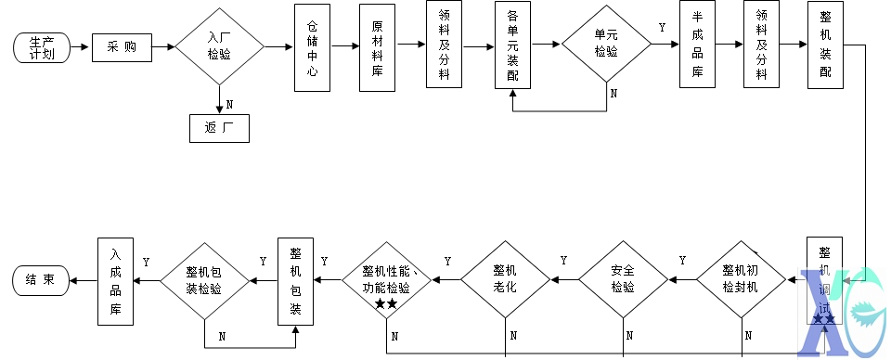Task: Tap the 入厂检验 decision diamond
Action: click(220, 46)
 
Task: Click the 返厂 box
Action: click(220, 127)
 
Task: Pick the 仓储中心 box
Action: click(312, 48)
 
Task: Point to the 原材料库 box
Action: click(377, 48)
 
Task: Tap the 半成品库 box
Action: click(697, 46)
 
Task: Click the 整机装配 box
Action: click(825, 46)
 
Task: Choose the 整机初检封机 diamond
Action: click(742, 278)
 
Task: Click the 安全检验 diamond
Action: click(623, 278)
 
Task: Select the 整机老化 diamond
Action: click(505, 278)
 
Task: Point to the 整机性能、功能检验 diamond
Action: click(387, 278)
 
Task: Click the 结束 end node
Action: click(40, 279)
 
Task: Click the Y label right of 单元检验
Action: click(662, 29)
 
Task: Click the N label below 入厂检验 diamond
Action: click(229, 103)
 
